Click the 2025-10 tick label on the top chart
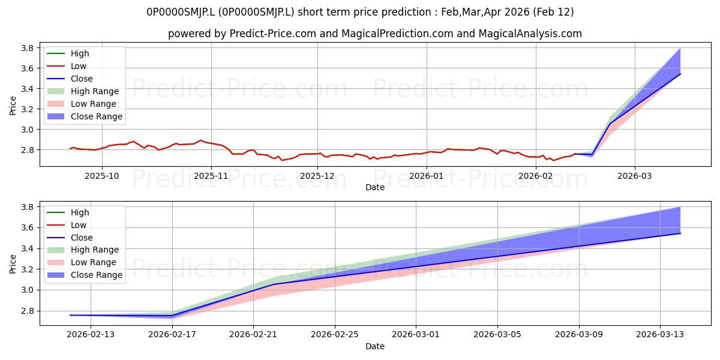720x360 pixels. click(101, 176)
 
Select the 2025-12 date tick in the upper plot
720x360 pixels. click(317, 176)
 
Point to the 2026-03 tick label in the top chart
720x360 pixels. click(635, 176)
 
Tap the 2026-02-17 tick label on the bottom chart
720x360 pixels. click(172, 335)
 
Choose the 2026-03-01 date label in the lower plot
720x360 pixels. click(416, 335)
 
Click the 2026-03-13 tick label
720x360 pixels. click(660, 335)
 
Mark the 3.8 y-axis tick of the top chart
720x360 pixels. click(28, 48)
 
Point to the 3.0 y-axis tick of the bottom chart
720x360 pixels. click(28, 290)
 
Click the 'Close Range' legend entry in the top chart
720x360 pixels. click(85, 116)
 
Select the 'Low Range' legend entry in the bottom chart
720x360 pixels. click(82, 262)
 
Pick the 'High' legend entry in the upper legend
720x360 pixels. click(68, 53)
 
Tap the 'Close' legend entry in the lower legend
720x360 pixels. click(70, 238)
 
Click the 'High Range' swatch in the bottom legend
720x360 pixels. click(56, 250)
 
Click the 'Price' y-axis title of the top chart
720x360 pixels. click(13, 106)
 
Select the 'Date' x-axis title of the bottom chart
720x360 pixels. click(375, 346)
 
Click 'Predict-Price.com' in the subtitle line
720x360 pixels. click(273, 34)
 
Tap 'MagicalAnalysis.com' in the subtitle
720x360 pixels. click(530, 34)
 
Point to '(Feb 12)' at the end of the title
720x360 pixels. click(553, 12)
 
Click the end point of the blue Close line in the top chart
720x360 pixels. click(680, 74)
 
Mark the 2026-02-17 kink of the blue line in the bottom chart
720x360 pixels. click(172, 316)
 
